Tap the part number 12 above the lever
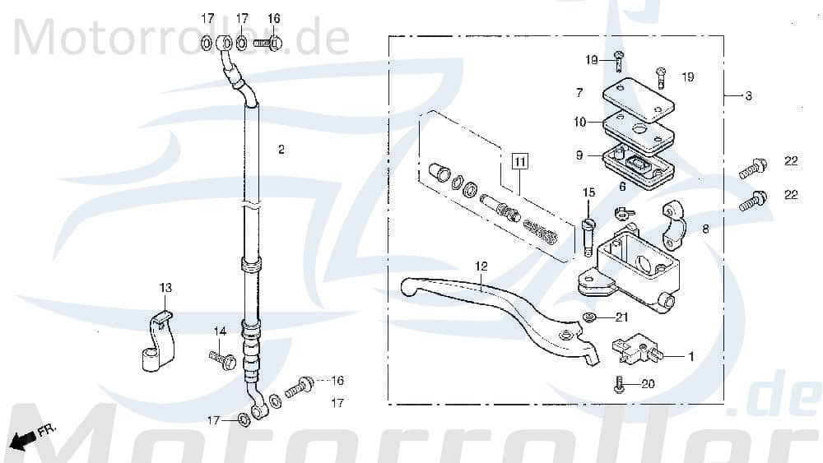481,266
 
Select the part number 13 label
166,287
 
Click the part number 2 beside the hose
281,150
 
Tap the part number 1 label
691,356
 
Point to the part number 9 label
579,154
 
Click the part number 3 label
747,96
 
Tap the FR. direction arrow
26,437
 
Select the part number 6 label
621,187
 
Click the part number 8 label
705,230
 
